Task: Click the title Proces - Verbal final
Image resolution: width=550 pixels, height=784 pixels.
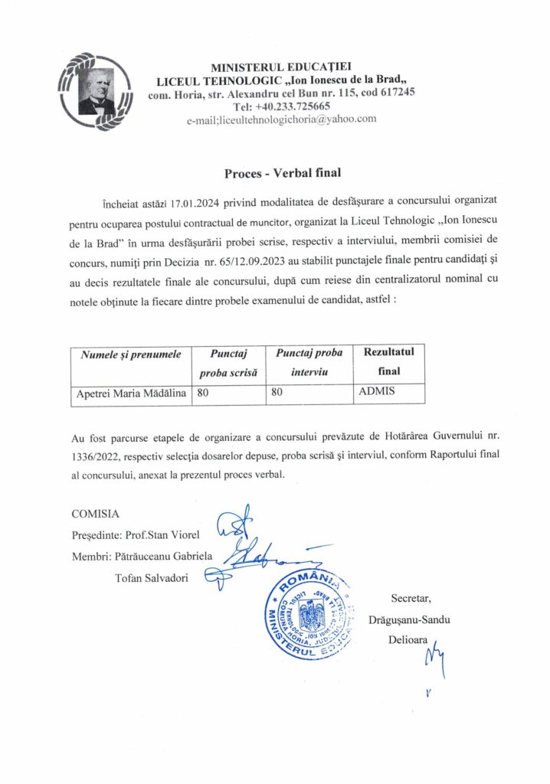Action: [x=282, y=173]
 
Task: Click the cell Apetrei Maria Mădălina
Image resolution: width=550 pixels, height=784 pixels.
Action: [x=132, y=394]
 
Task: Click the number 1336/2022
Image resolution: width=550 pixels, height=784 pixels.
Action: [x=97, y=458]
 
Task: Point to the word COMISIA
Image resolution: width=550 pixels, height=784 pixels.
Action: [x=95, y=512]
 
